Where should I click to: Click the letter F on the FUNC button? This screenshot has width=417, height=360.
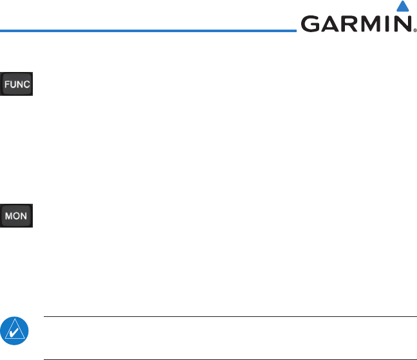(8, 85)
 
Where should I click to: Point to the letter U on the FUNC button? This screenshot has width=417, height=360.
(14, 85)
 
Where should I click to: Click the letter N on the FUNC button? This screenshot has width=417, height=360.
(20, 85)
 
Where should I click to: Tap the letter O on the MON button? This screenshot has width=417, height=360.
(18, 216)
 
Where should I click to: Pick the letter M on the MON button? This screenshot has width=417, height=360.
(10, 216)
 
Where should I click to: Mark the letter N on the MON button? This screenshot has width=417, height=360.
(25, 216)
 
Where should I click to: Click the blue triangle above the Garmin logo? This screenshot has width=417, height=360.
(403, 8)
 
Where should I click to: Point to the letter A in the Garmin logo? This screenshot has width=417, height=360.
(330, 24)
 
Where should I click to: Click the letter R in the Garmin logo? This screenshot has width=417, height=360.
(350, 24)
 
